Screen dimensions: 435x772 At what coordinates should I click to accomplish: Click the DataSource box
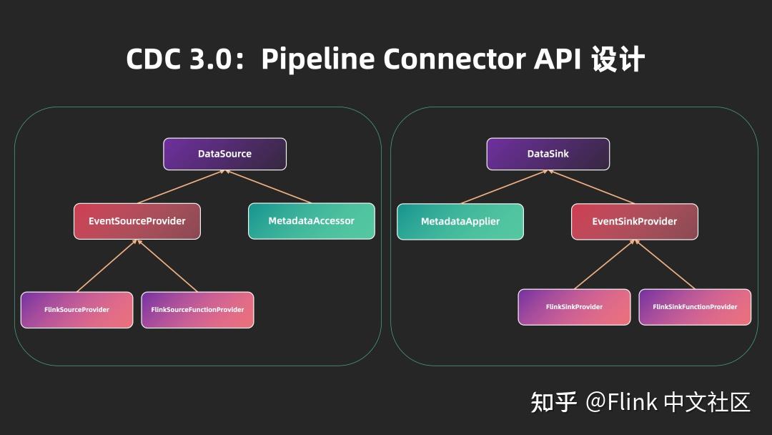point(224,154)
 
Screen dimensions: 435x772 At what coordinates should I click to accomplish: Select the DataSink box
point(548,154)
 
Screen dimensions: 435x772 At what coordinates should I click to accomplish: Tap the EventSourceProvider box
point(137,221)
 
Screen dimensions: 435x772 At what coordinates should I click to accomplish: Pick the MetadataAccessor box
point(311,221)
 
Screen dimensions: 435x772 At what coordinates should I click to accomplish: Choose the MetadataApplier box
point(460,222)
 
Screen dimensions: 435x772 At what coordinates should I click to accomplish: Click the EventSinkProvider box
point(634,222)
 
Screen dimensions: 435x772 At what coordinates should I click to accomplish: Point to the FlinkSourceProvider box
point(76,310)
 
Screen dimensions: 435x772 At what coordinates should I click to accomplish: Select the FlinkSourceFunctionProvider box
point(197,310)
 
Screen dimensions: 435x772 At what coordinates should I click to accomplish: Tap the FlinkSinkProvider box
point(574,307)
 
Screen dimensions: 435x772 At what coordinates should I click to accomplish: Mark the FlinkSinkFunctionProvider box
point(695,307)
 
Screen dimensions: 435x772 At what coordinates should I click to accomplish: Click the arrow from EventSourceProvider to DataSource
point(181,187)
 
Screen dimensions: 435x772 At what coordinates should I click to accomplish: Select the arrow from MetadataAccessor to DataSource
point(268,187)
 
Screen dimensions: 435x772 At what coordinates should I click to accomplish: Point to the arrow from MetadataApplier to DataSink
point(504,187)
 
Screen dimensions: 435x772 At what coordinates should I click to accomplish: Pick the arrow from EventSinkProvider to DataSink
point(591,187)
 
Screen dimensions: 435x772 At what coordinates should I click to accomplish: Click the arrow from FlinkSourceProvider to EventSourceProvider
point(107,265)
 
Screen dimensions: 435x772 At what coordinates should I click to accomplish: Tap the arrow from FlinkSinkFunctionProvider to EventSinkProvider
point(665,264)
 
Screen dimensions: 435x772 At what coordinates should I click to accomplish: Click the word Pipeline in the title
point(318,59)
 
